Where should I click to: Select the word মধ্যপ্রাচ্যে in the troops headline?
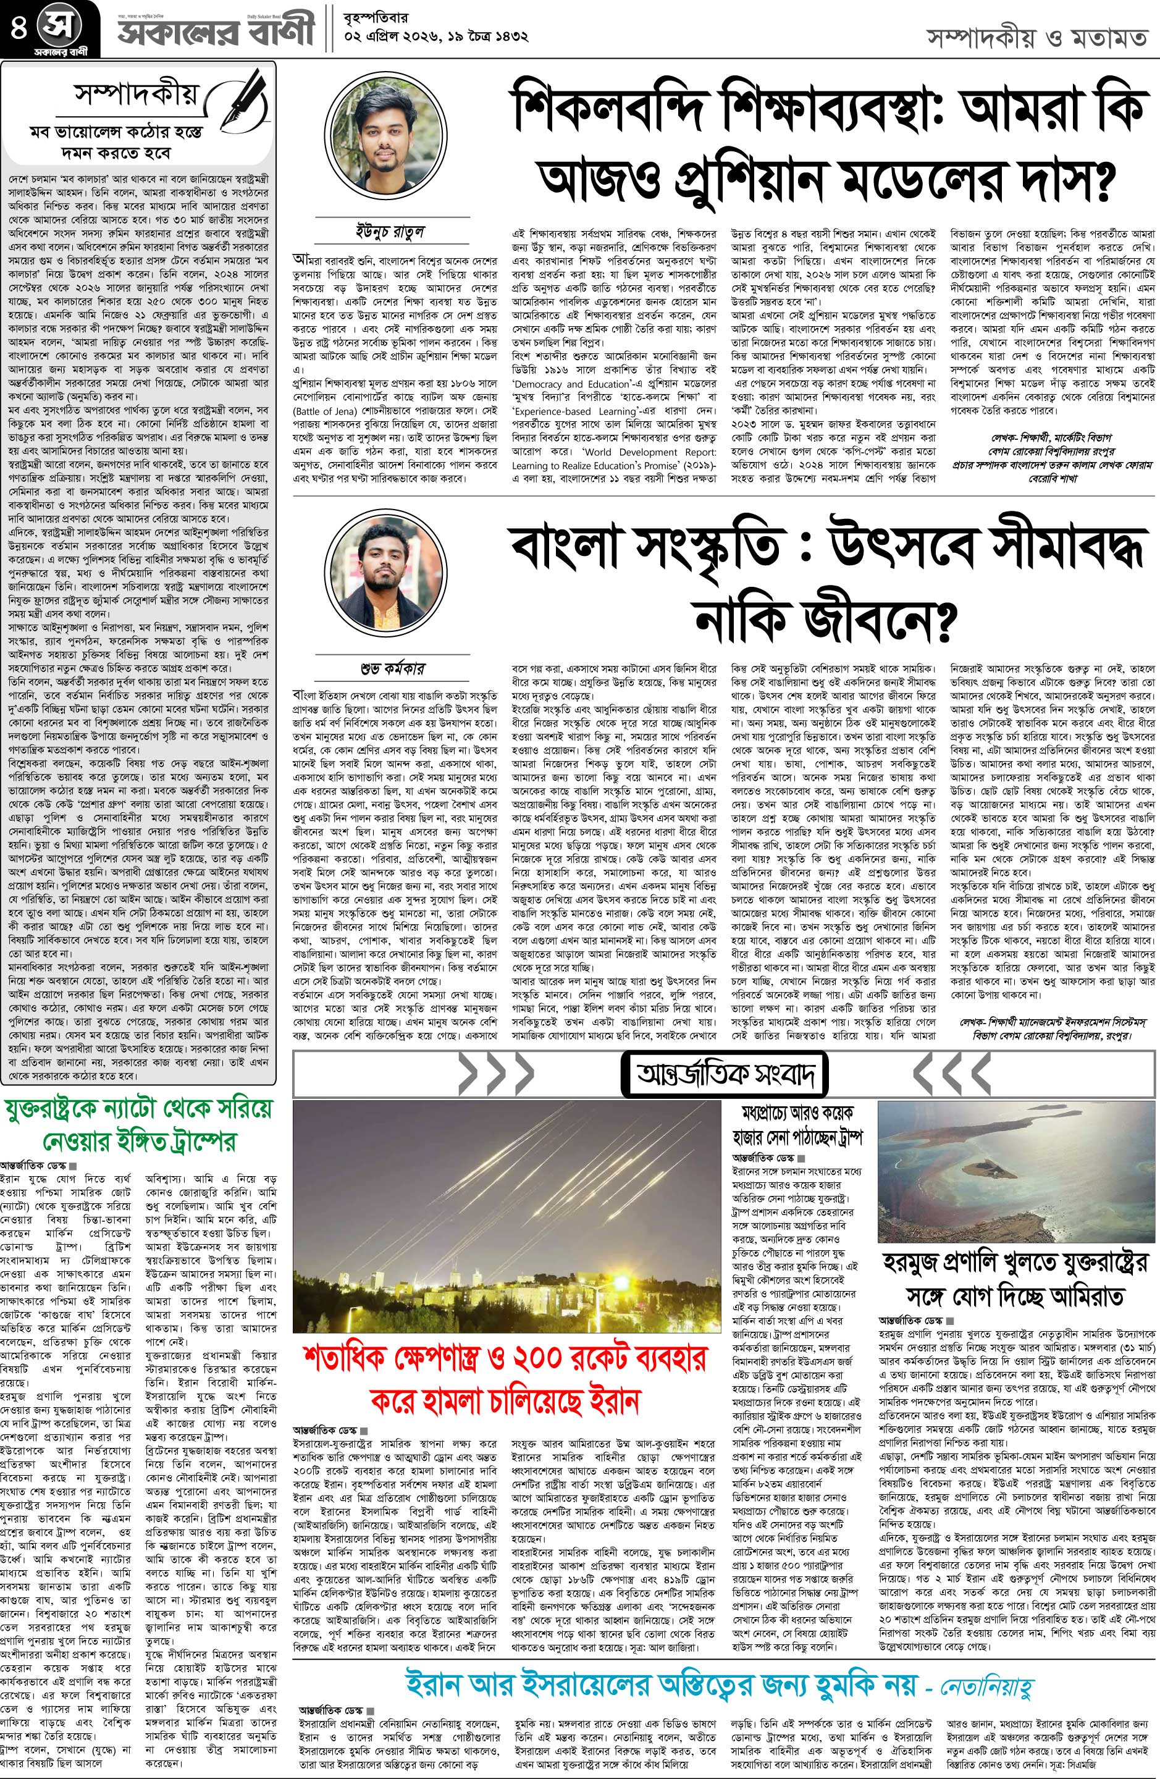tap(771, 1111)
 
